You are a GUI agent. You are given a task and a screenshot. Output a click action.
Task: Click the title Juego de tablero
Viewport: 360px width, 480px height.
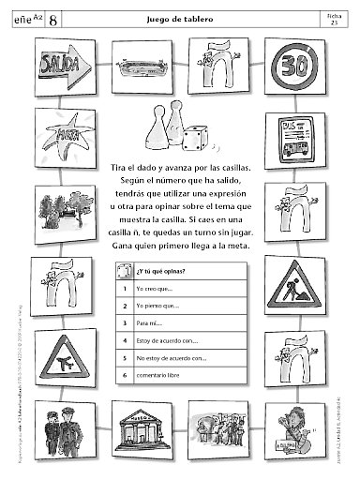point(180,18)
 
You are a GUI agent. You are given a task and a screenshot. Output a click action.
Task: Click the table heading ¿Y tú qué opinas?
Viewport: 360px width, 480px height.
point(160,273)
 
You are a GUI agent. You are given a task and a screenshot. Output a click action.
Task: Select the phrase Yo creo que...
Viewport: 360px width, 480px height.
point(154,290)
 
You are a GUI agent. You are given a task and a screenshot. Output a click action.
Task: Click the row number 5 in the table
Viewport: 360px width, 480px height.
point(125,357)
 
